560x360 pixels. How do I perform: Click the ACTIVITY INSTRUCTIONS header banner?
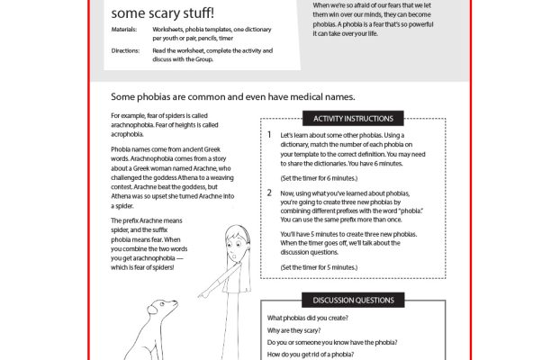(x=353, y=118)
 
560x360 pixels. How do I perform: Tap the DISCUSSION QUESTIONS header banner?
(x=353, y=300)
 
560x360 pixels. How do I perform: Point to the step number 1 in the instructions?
(x=269, y=135)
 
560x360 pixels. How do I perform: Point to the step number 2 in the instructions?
(x=269, y=193)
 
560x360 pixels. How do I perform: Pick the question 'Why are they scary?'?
(x=300, y=330)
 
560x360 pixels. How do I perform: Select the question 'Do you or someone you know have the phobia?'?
(x=332, y=343)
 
